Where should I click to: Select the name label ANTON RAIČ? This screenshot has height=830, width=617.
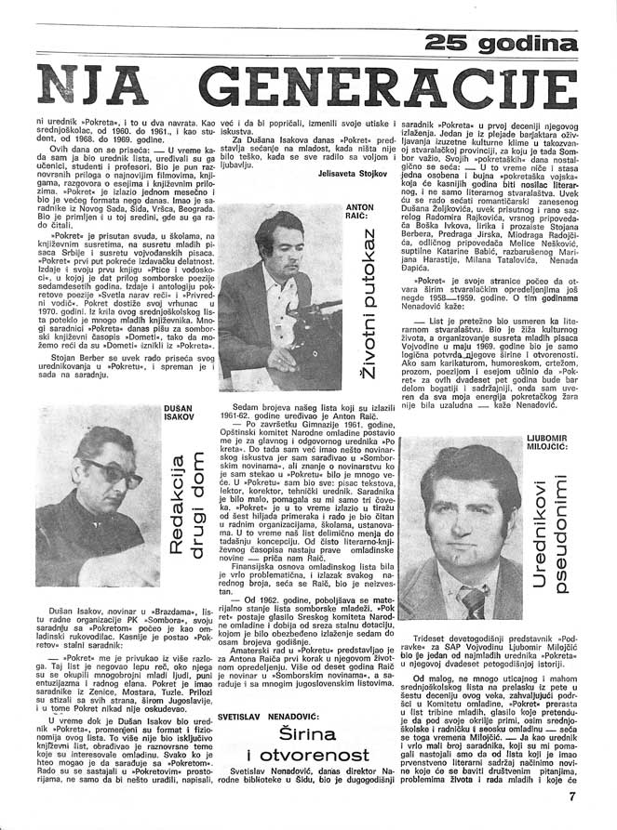coord(359,212)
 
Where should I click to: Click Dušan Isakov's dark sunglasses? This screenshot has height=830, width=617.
coord(114,468)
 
